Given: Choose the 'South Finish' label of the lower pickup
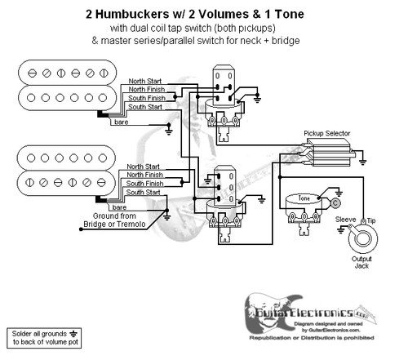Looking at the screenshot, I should (x=147, y=184).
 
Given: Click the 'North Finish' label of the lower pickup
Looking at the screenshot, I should (x=148, y=175).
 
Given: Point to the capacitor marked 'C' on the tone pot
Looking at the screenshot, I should (x=335, y=202).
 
